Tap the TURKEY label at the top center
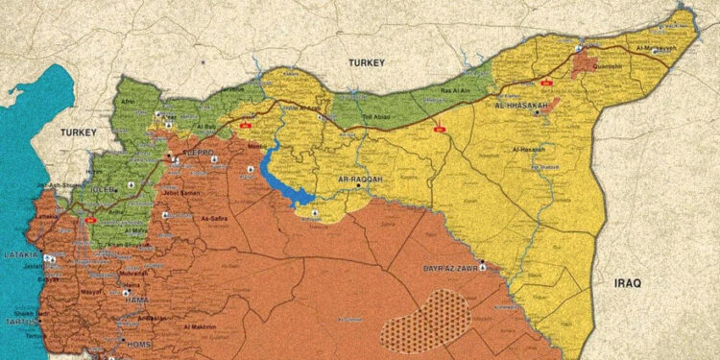click(x=367, y=63)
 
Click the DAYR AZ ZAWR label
click(x=453, y=271)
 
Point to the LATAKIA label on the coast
click(x=18, y=255)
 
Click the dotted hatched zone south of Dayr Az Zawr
click(x=425, y=318)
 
